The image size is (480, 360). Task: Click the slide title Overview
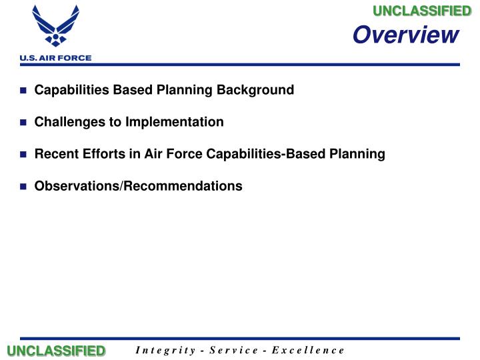pos(405,35)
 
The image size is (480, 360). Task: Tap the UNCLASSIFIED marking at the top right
pos(421,11)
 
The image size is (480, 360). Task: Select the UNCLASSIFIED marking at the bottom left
pos(56,351)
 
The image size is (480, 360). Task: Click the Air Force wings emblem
pos(56,27)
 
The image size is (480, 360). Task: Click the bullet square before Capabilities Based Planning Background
pos(23,91)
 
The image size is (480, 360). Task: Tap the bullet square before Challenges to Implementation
pos(23,123)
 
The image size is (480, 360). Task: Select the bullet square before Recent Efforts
pos(23,155)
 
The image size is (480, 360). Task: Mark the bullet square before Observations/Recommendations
pos(23,187)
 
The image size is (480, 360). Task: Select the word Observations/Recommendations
pos(138,186)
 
